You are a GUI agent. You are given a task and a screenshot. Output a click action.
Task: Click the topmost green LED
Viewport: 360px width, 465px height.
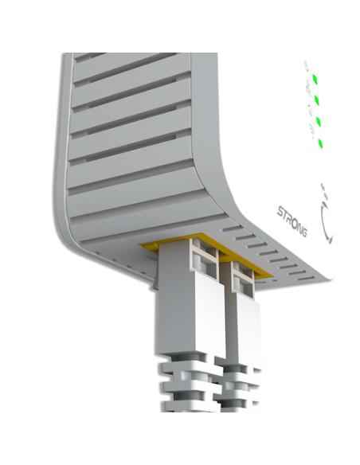click(x=316, y=79)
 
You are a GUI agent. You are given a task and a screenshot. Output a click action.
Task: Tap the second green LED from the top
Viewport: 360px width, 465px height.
click(x=318, y=100)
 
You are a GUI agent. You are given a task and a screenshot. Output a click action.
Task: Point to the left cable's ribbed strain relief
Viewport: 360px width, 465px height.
click(x=185, y=382)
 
